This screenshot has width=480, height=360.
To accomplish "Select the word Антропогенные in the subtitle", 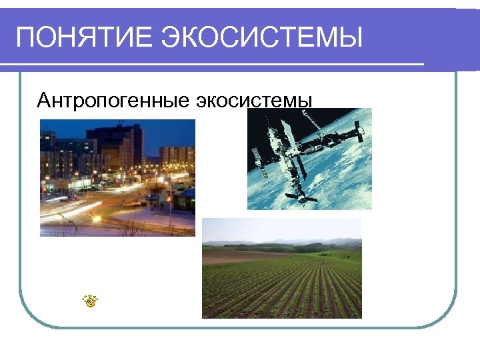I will [113, 101].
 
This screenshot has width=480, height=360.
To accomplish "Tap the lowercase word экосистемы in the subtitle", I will [254, 101].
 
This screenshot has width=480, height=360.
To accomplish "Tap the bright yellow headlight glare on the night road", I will [97, 218].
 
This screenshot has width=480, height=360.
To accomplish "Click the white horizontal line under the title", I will [213, 65].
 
